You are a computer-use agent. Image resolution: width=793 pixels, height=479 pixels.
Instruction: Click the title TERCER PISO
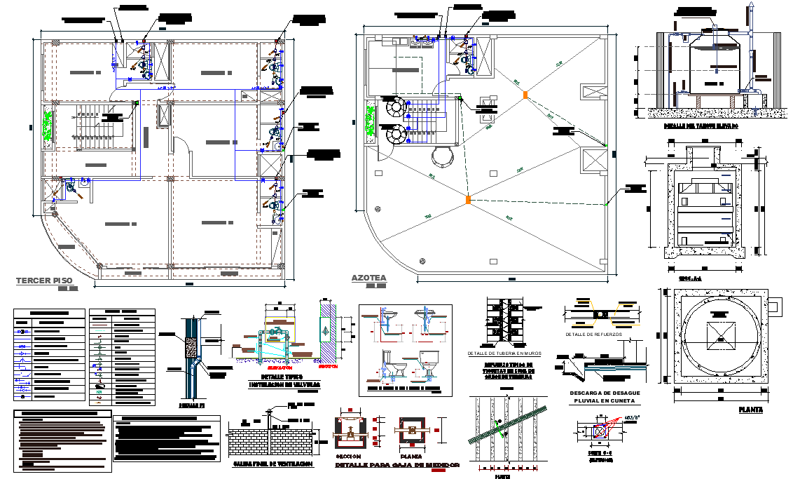coord(43,281)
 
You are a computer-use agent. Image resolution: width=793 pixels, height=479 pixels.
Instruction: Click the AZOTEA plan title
coord(368,278)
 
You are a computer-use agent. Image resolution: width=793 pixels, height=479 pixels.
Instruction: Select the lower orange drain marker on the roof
coord(468,201)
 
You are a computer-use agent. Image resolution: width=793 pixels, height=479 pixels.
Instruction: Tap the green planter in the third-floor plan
coord(48,126)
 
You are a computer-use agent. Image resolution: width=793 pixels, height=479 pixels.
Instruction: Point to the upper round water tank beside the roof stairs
coord(394,107)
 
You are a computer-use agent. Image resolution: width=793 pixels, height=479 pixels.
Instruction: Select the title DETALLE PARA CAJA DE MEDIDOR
coord(396,465)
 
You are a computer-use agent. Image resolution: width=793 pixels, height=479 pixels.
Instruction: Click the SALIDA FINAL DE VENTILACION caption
coord(272,464)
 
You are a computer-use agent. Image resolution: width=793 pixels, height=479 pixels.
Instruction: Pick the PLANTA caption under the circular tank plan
coord(750,410)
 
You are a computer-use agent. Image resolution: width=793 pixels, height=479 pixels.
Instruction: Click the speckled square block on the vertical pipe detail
coord(188,348)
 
